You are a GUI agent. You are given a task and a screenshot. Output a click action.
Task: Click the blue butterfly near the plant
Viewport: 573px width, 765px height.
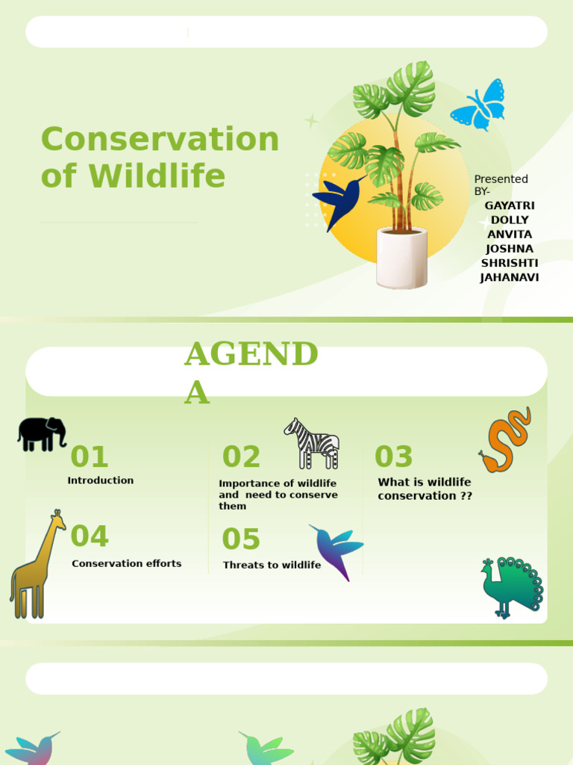pos(478,105)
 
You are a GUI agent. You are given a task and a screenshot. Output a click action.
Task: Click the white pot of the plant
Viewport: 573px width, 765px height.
pos(401,258)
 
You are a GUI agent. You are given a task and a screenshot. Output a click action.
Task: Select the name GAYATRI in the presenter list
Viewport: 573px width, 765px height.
pos(510,205)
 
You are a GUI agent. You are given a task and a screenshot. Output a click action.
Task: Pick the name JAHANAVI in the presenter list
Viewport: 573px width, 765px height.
pos(510,277)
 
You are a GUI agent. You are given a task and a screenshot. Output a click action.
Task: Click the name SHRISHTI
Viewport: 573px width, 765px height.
pos(510,263)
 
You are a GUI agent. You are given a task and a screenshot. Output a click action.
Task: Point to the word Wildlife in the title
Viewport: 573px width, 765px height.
pos(157,176)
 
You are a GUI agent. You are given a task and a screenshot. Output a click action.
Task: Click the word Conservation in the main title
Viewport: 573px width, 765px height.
pos(160,139)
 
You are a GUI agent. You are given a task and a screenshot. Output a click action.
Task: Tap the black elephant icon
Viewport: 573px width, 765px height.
pos(42,433)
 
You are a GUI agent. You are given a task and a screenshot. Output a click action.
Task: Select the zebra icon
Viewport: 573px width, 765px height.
pos(313,444)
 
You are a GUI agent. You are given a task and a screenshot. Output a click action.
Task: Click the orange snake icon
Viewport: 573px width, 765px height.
pos(506,441)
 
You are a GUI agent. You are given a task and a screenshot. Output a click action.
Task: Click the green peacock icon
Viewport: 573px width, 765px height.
pos(511,586)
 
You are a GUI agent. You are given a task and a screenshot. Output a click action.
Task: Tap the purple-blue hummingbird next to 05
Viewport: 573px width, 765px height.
pos(336,550)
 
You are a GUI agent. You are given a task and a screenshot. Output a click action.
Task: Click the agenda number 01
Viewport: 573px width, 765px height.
pos(90,456)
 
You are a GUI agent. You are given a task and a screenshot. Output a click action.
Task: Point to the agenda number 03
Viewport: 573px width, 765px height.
pos(393,456)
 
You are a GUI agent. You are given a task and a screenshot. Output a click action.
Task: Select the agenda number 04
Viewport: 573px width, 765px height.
pos(90,536)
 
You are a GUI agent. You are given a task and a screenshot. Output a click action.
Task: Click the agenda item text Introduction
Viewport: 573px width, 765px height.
pos(101,480)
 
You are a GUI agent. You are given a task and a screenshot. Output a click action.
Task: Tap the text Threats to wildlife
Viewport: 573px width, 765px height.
pos(272,565)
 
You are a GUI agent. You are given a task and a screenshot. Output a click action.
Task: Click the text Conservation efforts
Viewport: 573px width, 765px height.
pos(126,563)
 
